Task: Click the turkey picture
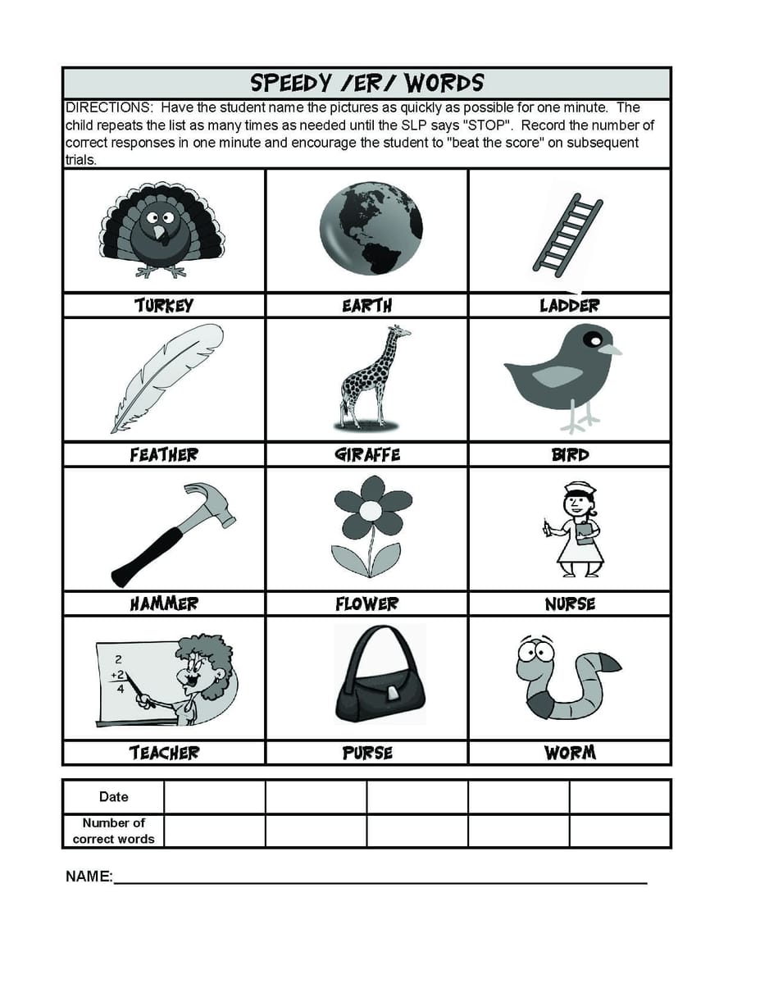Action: (162, 230)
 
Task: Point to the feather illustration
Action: (167, 376)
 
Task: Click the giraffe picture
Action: (370, 376)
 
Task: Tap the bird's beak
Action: (609, 349)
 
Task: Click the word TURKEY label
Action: (164, 306)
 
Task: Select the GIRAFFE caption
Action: (368, 455)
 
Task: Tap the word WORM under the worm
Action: (570, 753)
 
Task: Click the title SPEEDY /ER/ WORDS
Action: (366, 83)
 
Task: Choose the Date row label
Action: (113, 797)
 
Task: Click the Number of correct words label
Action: (113, 831)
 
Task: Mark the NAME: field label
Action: (89, 877)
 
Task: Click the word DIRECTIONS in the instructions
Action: (108, 108)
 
